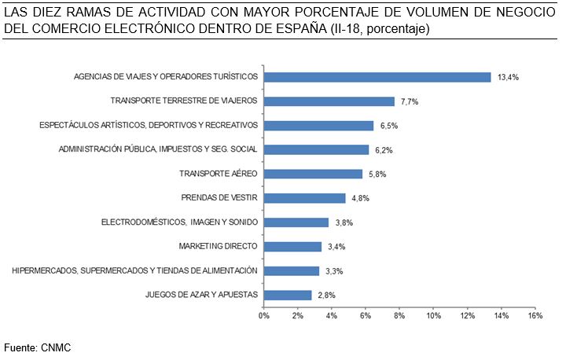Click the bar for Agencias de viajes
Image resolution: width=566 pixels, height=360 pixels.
pyautogui.click(x=377, y=77)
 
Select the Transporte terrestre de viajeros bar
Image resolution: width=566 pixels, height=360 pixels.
pyautogui.click(x=329, y=101)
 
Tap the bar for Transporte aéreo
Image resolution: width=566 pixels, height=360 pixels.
pyautogui.click(x=313, y=174)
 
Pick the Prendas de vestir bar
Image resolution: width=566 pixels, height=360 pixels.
pyautogui.click(x=304, y=198)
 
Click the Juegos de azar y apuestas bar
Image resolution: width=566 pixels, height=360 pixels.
pyautogui.click(x=288, y=295)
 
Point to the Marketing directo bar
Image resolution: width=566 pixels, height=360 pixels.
pyautogui.click(x=292, y=247)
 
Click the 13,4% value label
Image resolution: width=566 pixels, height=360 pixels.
pyautogui.click(x=508, y=77)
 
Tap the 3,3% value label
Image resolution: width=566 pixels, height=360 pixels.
pyautogui.click(x=333, y=271)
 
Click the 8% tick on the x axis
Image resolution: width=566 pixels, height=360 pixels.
pyautogui.click(x=399, y=316)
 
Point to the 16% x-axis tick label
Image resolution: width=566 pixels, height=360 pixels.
pyautogui.click(x=535, y=316)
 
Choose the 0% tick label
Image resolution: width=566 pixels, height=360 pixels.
pyautogui.click(x=264, y=316)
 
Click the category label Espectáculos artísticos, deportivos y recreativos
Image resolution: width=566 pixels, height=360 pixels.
pyautogui.click(x=149, y=125)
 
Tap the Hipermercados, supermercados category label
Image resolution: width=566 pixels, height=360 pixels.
pyautogui.click(x=134, y=270)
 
